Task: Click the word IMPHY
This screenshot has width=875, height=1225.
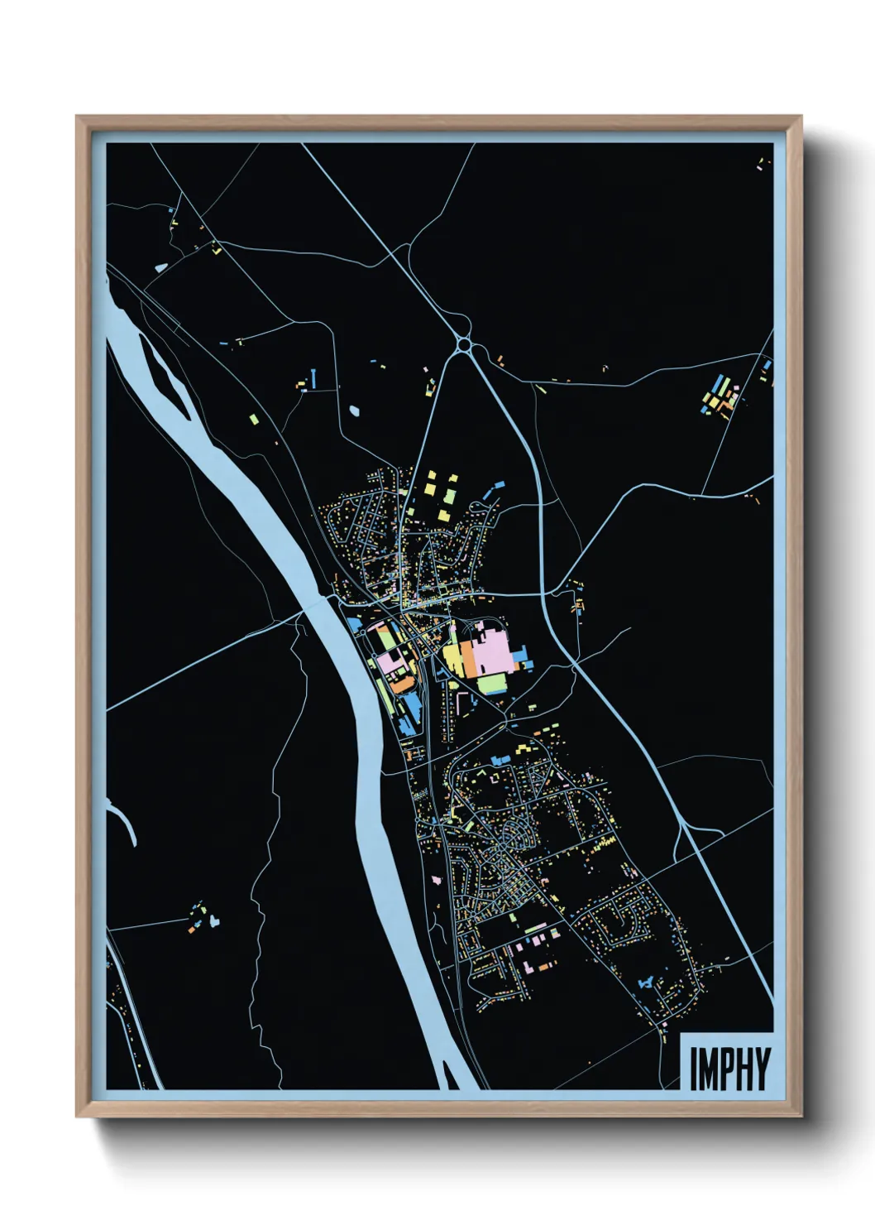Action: pyautogui.click(x=729, y=1069)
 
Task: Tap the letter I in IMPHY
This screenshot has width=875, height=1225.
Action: pyautogui.click(x=694, y=1069)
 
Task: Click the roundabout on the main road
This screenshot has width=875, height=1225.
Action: pyautogui.click(x=464, y=343)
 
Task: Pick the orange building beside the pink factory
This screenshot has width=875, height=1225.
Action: pyautogui.click(x=468, y=658)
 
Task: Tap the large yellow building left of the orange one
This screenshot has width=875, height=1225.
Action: pyautogui.click(x=452, y=658)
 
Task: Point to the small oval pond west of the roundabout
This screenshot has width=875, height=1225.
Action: pyautogui.click(x=355, y=410)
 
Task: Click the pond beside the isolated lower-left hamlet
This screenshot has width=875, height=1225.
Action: pyautogui.click(x=213, y=920)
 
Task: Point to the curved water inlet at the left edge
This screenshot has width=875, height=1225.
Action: pyautogui.click(x=124, y=819)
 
